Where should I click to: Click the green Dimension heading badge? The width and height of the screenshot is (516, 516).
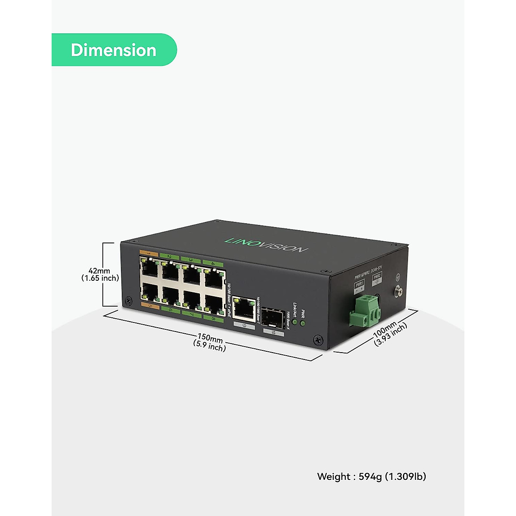[114, 50]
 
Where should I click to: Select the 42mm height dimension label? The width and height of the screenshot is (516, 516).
[101, 274]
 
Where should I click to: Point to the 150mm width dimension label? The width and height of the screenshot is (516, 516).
[210, 342]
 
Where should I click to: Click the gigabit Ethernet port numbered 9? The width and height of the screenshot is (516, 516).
[244, 307]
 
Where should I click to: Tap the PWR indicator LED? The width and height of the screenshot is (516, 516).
[303, 322]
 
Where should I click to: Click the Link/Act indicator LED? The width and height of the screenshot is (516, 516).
[295, 321]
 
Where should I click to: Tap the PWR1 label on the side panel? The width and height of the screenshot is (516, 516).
[359, 283]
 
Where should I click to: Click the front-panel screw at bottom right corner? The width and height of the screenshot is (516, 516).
[318, 339]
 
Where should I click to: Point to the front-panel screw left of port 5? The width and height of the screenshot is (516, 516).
[128, 301]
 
